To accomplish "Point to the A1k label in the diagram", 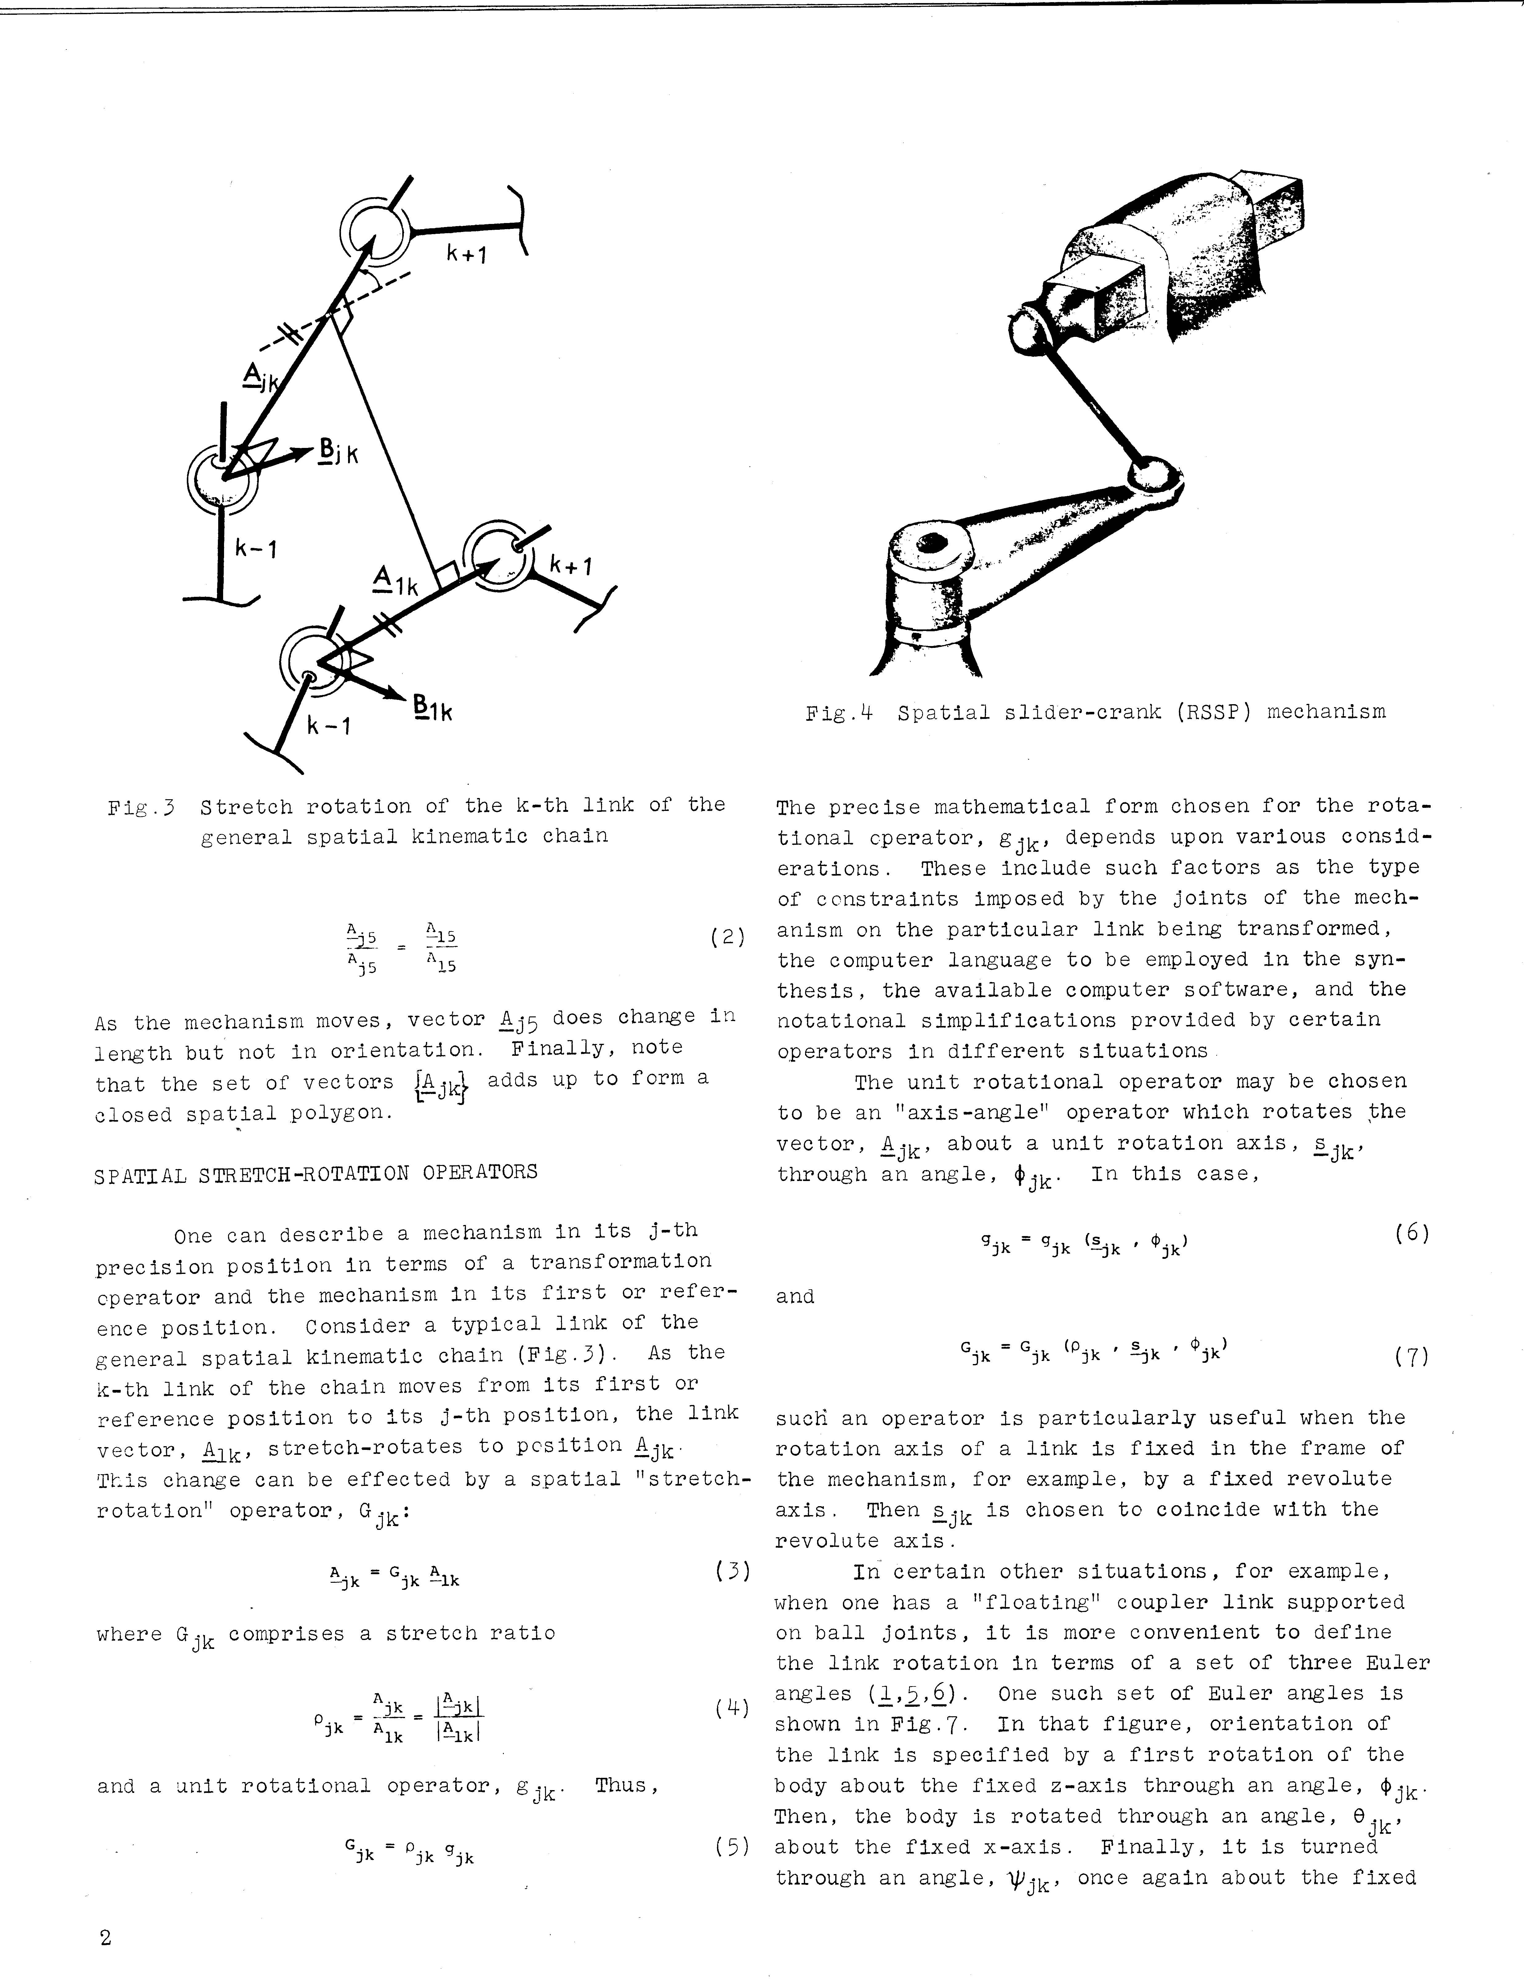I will tap(395, 580).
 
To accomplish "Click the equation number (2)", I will tap(728, 937).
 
